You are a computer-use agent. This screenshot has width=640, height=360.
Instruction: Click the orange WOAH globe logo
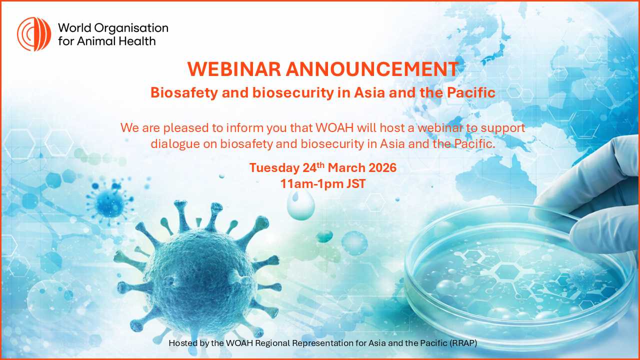[x=34, y=34]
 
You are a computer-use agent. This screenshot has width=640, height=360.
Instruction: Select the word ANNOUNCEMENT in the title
[x=372, y=69]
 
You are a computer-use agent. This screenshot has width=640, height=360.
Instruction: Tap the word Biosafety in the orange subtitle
[x=184, y=92]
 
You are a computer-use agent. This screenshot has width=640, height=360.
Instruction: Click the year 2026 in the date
[x=382, y=167]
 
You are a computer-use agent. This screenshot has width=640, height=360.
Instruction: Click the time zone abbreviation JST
[x=356, y=183]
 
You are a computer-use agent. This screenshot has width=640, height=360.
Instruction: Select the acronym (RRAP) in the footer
[x=463, y=343]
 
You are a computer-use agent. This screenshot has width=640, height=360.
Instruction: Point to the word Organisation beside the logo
[x=131, y=28]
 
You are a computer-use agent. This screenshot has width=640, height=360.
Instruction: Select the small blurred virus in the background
[x=110, y=202]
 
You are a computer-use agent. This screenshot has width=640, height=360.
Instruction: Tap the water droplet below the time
[x=300, y=204]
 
